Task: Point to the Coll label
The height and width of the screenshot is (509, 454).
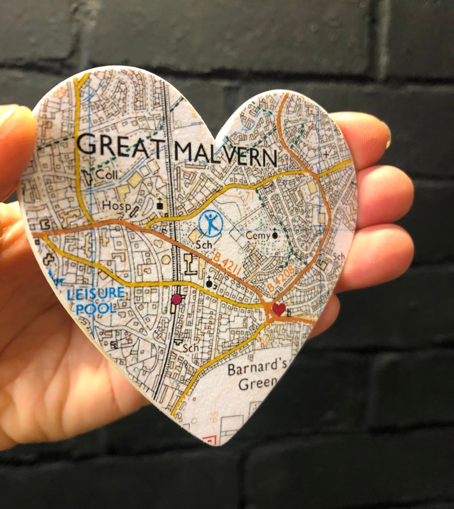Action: [x=106, y=175]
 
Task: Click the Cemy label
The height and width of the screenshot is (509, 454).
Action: [x=256, y=235]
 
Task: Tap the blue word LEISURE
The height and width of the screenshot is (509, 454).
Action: [x=95, y=292]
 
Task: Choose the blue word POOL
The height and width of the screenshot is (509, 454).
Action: [x=96, y=307]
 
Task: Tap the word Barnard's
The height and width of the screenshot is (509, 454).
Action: [x=253, y=369]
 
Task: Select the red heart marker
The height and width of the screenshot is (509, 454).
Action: [x=278, y=308]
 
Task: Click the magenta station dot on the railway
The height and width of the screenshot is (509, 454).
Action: [x=176, y=299]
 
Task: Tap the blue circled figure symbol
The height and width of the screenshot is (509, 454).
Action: [x=210, y=223]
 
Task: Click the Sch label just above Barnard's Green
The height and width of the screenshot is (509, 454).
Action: [x=191, y=348]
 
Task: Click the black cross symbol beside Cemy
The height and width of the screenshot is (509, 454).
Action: [x=275, y=233]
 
